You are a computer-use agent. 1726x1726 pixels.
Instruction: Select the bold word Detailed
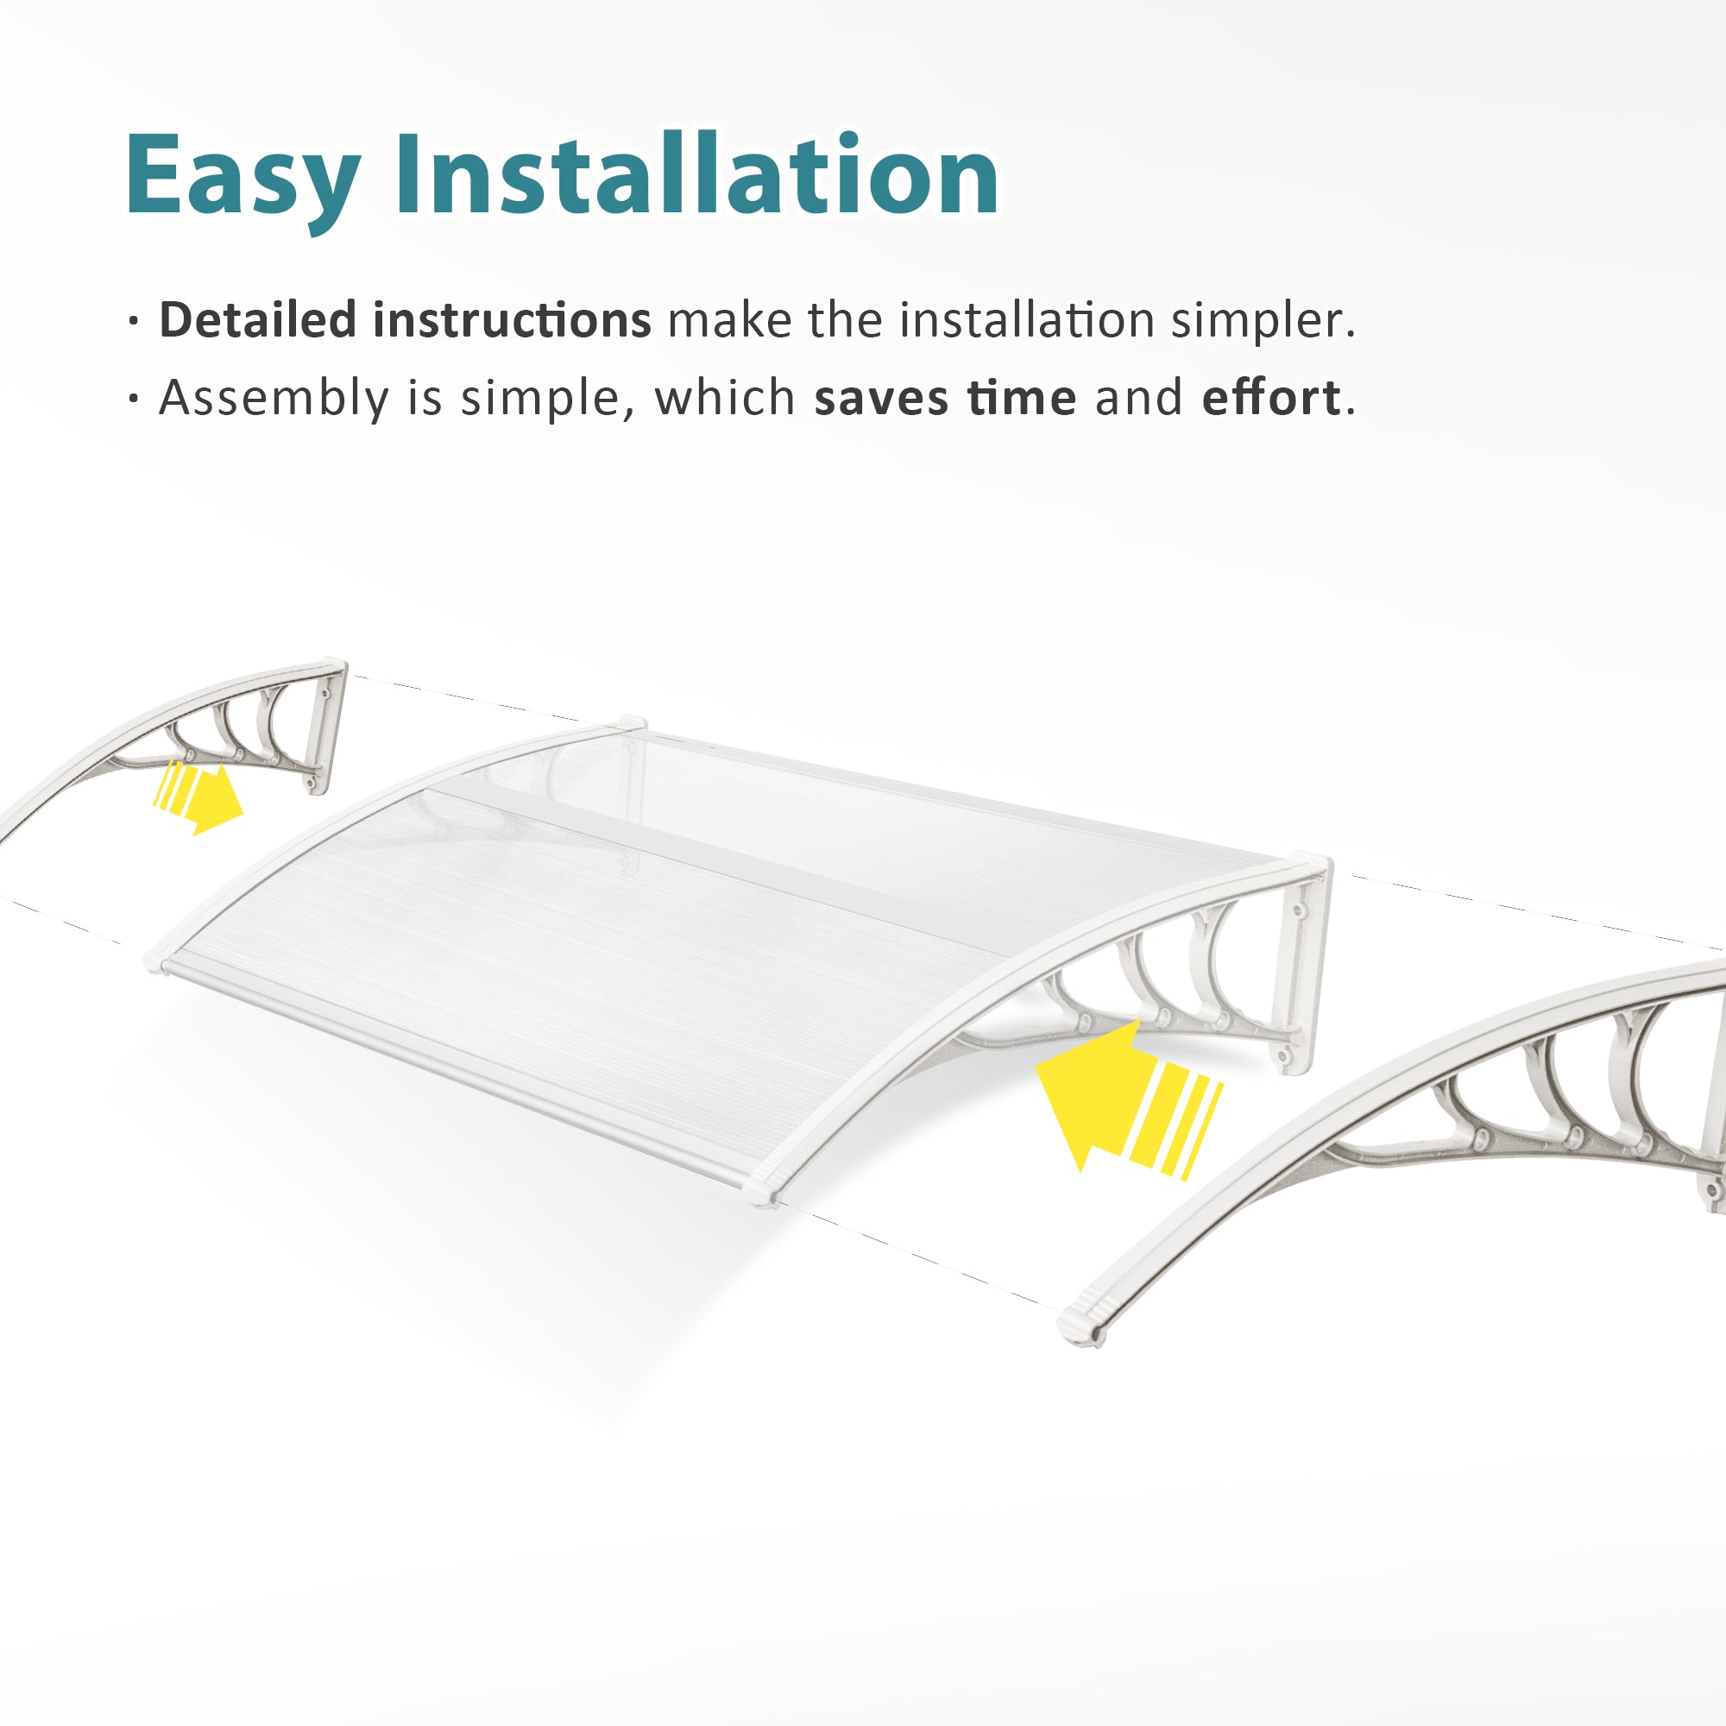257,319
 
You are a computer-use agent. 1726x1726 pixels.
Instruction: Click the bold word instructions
512,320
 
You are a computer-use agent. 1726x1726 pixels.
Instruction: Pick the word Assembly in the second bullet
274,399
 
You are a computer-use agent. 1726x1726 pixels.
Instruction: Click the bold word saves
880,399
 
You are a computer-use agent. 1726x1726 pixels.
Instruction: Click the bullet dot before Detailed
134,322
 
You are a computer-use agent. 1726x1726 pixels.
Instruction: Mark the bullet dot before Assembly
134,400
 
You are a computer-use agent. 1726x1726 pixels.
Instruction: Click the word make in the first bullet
729,320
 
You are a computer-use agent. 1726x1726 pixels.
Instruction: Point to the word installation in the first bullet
1026,320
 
